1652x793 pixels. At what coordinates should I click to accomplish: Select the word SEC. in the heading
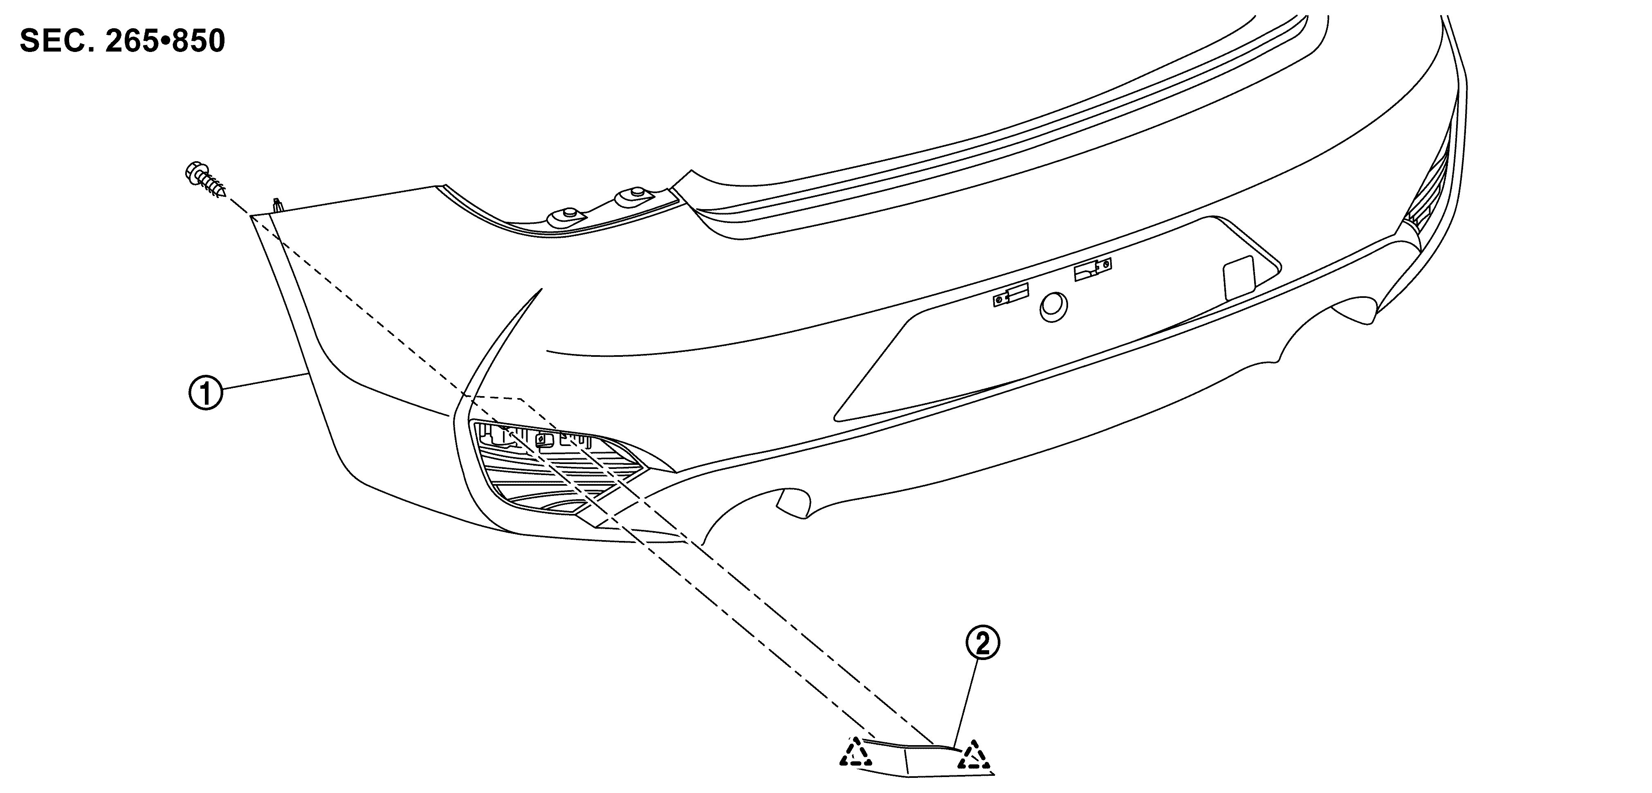(x=54, y=41)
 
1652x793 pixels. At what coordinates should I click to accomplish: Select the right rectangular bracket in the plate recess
(x=1093, y=270)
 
